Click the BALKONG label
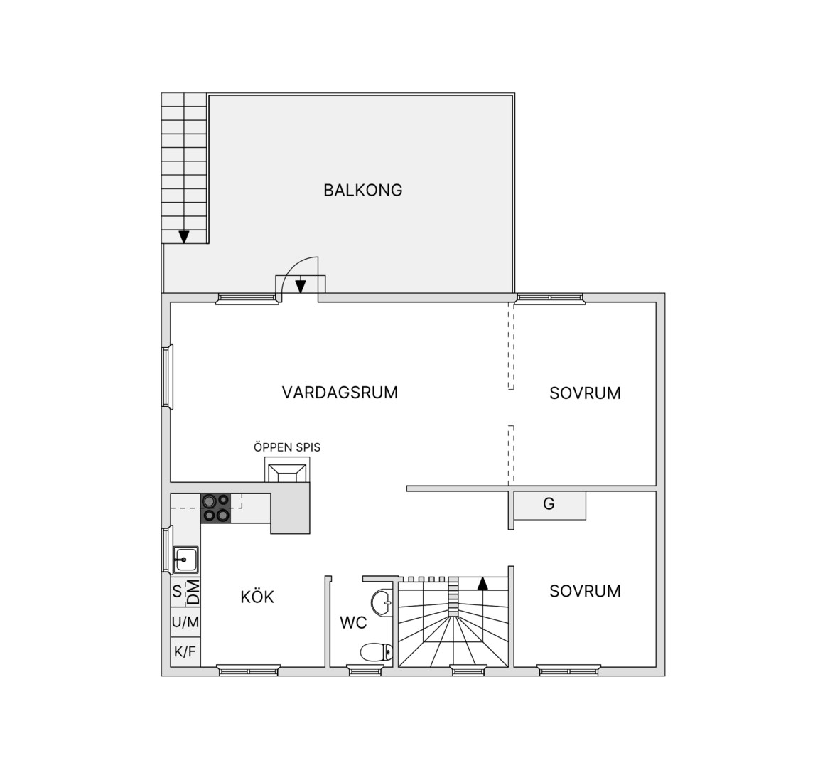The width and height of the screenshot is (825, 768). [x=363, y=190]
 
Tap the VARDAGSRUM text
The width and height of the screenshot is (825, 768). [x=340, y=393]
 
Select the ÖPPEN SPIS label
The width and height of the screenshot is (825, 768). [x=287, y=447]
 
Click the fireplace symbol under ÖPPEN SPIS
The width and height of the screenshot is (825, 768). [x=287, y=470]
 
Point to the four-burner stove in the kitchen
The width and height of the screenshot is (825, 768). [x=216, y=508]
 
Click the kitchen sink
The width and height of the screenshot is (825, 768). [x=185, y=560]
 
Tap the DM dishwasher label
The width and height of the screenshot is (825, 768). [x=193, y=592]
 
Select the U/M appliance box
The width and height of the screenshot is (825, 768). [x=185, y=622]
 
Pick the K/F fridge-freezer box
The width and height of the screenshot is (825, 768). [x=185, y=651]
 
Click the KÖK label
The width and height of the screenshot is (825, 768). [x=257, y=597]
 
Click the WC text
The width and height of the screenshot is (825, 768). [x=353, y=623]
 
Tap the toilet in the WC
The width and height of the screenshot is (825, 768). [x=377, y=652]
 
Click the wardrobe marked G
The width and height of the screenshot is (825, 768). [x=550, y=506]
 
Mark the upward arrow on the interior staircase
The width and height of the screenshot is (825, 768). [x=482, y=583]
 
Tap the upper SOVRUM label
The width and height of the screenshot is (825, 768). [x=585, y=393]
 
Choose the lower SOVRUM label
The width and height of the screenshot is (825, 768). [x=585, y=591]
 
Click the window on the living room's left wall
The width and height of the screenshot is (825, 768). [x=167, y=376]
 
